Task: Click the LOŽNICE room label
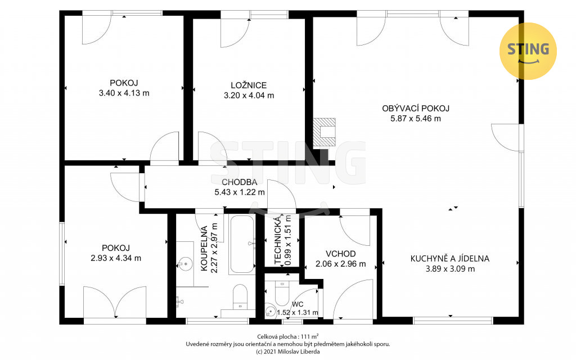click(x=249, y=85)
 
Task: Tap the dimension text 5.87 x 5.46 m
click(x=416, y=118)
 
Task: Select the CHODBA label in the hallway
click(x=239, y=182)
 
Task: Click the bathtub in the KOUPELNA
click(x=242, y=244)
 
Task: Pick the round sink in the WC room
click(x=271, y=312)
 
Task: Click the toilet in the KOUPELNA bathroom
click(x=240, y=296)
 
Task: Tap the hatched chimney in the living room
click(x=324, y=132)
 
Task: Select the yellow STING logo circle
click(x=528, y=51)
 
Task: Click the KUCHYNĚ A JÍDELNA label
click(x=450, y=259)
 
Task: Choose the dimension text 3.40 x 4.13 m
click(x=124, y=93)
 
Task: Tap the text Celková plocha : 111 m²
click(x=287, y=336)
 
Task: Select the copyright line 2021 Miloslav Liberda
click(x=287, y=352)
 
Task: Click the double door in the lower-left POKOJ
click(x=115, y=302)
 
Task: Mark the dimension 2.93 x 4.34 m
click(x=116, y=258)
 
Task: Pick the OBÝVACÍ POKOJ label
click(x=416, y=109)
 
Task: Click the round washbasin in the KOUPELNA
click(x=184, y=263)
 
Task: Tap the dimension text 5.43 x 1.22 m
click(x=240, y=192)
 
